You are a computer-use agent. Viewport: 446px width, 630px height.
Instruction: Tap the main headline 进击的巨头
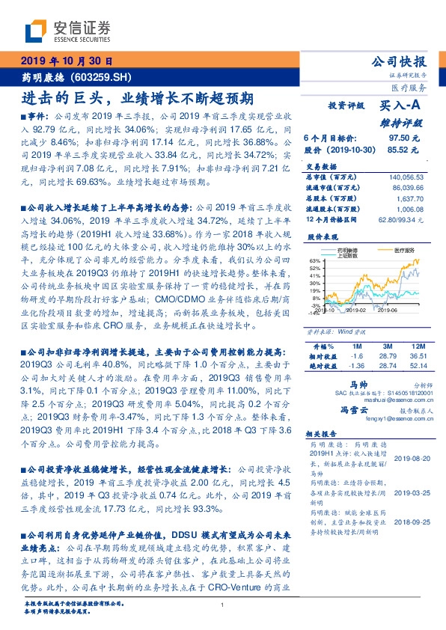(60, 97)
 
